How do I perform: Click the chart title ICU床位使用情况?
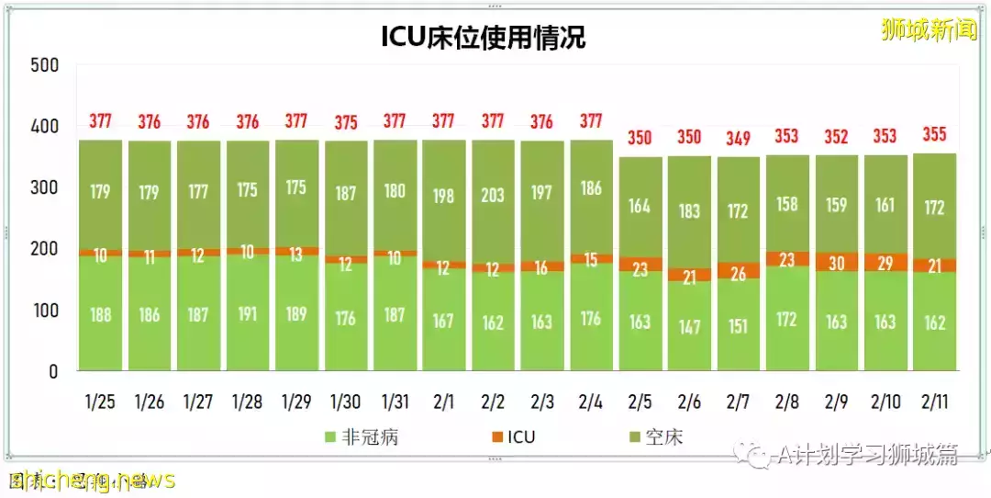tap(483, 37)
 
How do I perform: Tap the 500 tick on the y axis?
tap(44, 65)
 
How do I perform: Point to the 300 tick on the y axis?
tap(44, 188)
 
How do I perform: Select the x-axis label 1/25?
tap(101, 402)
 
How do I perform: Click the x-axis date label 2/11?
tap(934, 402)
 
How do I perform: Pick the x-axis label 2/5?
tap(640, 402)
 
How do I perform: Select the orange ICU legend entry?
tap(513, 437)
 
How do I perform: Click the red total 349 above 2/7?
tap(738, 139)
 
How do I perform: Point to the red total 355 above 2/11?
tap(934, 135)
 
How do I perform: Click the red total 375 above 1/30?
tap(346, 122)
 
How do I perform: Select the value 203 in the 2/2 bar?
tap(493, 195)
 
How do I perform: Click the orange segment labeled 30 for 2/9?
tap(836, 262)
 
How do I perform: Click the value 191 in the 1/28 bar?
tap(248, 312)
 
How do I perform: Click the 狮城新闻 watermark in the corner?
tap(928, 30)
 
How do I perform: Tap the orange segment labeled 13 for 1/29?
tap(296, 255)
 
